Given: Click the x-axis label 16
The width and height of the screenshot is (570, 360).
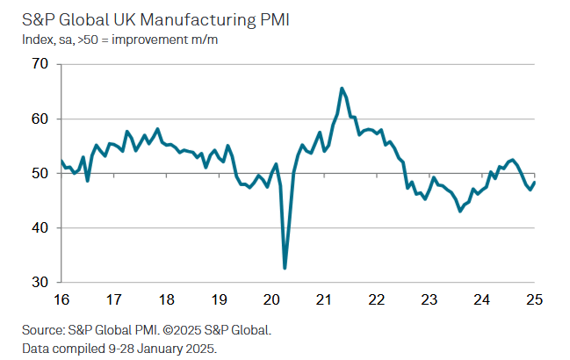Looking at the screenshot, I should tap(60, 299).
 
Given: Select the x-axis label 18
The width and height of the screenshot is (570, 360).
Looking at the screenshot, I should tap(165, 299).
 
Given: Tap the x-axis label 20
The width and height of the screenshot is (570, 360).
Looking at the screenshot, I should tap(271, 299).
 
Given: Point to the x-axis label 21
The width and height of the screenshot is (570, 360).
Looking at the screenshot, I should tap(323, 299).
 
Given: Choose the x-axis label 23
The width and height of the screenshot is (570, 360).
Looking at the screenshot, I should tap(429, 299).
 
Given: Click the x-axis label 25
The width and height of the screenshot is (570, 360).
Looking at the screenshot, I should tap(533, 299).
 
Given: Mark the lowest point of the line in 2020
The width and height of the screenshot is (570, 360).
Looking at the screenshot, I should tap(285, 268).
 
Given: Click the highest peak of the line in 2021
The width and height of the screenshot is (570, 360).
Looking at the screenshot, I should tap(341, 89).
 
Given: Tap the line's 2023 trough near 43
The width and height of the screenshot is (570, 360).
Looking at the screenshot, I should tap(459, 211).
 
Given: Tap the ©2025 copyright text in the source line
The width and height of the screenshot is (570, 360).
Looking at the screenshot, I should tap(192, 330).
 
